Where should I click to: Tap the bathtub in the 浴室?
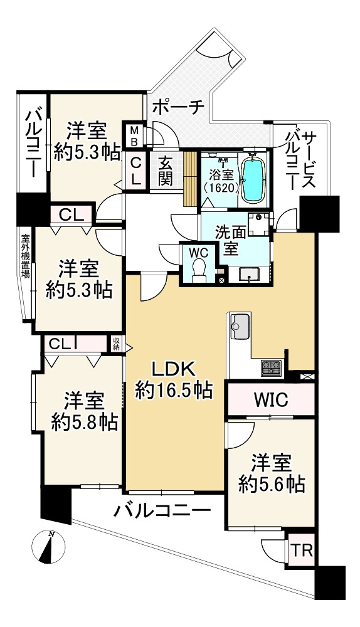coord(253,179)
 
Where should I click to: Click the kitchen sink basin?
coord(240,325)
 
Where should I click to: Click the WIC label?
coord(271,399)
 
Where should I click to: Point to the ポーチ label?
coord(179,107)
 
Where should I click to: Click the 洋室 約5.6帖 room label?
coord(272,475)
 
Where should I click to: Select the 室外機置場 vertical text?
coord(25,256)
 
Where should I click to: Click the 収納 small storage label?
coord(116,344)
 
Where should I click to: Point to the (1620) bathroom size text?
coord(221,187)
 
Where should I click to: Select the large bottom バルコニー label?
coord(162,510)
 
